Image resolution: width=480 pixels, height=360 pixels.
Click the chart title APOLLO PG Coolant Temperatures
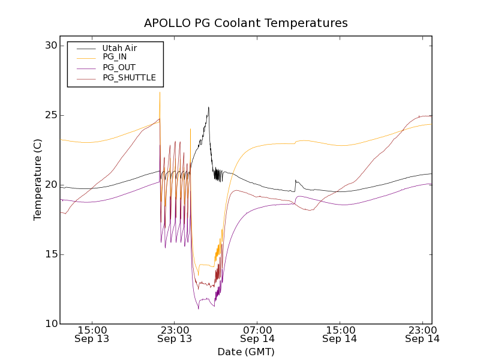point(245,23)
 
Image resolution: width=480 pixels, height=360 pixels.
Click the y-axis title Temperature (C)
point(38,180)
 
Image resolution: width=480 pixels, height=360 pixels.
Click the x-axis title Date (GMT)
point(245,352)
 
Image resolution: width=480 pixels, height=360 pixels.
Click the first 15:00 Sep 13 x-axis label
point(92,334)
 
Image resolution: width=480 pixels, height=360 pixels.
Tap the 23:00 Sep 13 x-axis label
point(175,334)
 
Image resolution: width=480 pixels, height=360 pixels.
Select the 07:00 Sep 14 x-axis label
point(257,334)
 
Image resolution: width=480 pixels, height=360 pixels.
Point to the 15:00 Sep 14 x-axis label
point(340,334)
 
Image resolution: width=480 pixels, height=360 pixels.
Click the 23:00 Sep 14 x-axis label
point(422,334)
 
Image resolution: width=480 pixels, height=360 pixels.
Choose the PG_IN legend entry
point(115,57)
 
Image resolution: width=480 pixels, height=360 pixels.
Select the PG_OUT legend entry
point(119,67)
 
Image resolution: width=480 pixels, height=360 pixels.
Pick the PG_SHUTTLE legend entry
point(129,77)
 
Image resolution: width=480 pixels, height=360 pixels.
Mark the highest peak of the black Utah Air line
point(208,107)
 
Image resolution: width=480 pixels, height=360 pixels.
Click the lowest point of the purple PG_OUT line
point(199,308)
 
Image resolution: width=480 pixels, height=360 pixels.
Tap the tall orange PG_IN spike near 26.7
point(160,92)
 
